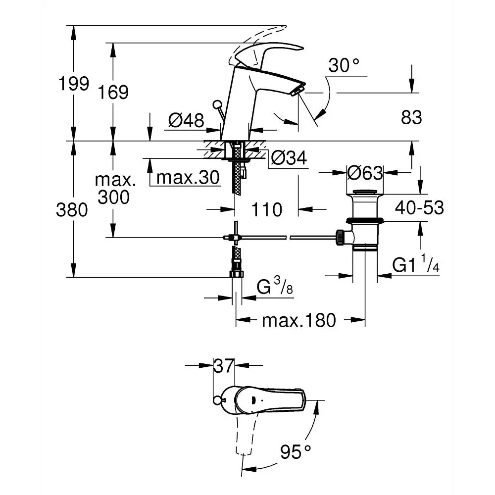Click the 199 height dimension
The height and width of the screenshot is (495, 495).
[74, 84]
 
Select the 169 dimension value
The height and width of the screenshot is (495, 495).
[113, 92]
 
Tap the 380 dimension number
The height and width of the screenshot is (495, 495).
[72, 210]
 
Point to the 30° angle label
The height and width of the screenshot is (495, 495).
[344, 66]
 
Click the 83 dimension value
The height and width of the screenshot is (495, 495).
[411, 117]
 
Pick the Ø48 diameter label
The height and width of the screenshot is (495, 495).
[186, 120]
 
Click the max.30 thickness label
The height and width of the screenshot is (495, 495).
[188, 177]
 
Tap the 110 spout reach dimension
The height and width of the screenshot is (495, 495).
[267, 209]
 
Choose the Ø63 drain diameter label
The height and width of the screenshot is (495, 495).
[365, 173]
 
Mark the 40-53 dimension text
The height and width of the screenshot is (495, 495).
[420, 208]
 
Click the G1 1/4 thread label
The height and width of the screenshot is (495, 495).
[416, 264]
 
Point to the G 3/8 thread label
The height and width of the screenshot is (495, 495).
[275, 286]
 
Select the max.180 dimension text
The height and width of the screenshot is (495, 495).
[299, 320]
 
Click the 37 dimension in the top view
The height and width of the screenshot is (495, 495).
[224, 366]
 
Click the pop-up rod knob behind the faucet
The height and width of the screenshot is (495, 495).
[217, 104]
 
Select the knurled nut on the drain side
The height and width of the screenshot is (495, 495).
[341, 238]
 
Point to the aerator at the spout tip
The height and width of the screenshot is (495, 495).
[297, 90]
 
